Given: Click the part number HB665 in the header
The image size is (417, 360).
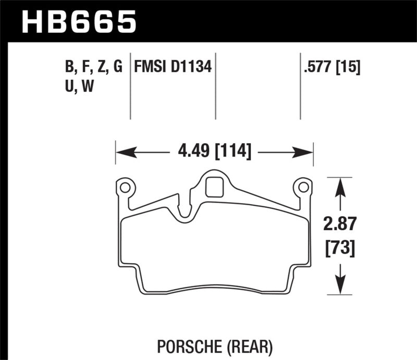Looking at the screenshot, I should [x=78, y=22].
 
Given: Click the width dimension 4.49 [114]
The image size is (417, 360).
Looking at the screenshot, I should [x=214, y=152].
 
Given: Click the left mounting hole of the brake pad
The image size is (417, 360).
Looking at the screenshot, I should [x=125, y=186].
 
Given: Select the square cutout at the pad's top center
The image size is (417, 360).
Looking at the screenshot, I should [x=214, y=187].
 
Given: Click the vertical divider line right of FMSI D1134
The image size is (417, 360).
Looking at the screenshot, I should [x=215, y=86].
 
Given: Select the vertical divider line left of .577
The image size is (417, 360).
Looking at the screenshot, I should [x=300, y=86].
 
